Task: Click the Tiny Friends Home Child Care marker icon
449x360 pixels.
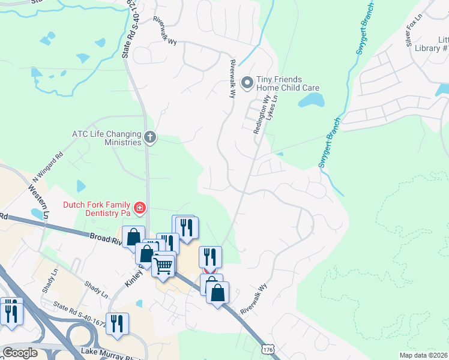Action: click(x=246, y=82)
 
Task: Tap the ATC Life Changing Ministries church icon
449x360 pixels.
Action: click(x=150, y=139)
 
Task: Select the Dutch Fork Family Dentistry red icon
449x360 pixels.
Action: click(x=139, y=208)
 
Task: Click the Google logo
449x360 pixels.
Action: click(x=20, y=352)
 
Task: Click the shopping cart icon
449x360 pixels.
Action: click(x=163, y=265)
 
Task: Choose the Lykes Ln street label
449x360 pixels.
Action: click(x=272, y=109)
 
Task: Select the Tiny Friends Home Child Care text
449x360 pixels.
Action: click(x=288, y=83)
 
